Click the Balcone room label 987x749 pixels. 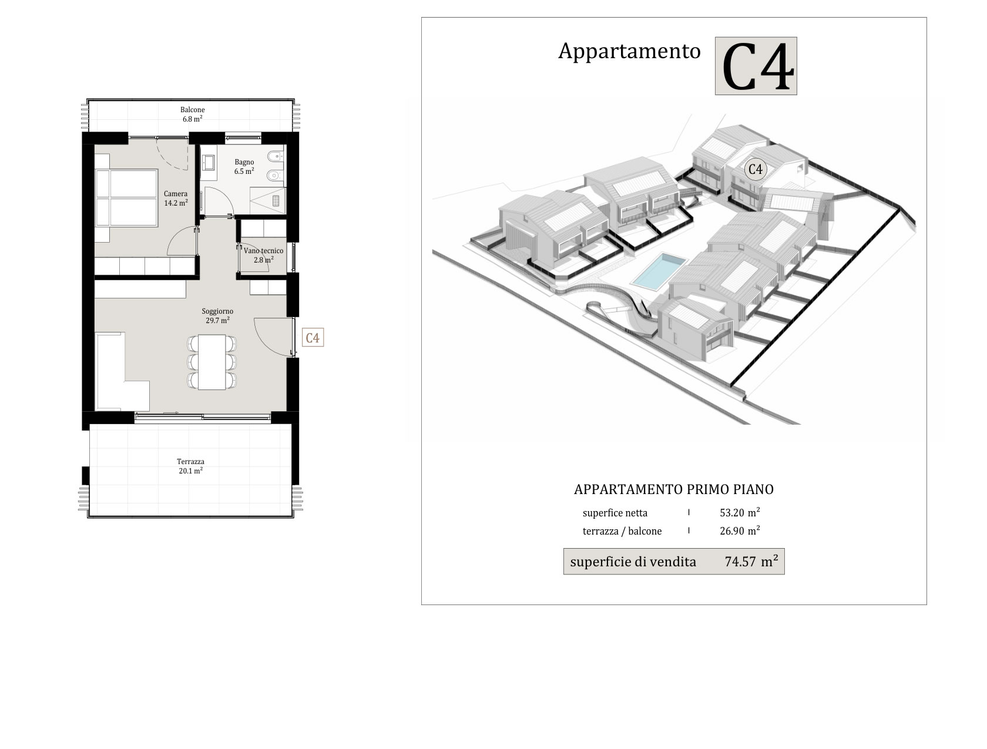click(192, 114)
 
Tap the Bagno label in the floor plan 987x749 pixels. click(244, 166)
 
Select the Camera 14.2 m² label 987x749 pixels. click(175, 198)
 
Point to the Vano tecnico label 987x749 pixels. click(264, 255)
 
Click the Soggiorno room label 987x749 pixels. click(217, 315)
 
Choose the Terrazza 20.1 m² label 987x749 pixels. click(191, 466)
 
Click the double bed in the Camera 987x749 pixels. click(126, 198)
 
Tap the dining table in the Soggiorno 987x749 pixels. click(211, 362)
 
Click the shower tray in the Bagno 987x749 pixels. click(268, 200)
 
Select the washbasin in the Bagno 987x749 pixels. click(209, 162)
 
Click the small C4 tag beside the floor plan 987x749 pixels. click(313, 338)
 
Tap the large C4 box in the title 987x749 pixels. click(756, 66)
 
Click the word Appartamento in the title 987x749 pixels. click(630, 51)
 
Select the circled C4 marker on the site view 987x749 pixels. click(756, 169)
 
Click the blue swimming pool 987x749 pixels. click(659, 270)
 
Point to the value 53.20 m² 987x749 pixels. click(740, 512)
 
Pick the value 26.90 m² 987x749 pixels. click(740, 530)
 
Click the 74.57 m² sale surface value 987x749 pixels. click(751, 562)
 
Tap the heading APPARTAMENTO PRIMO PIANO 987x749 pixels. click(674, 489)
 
